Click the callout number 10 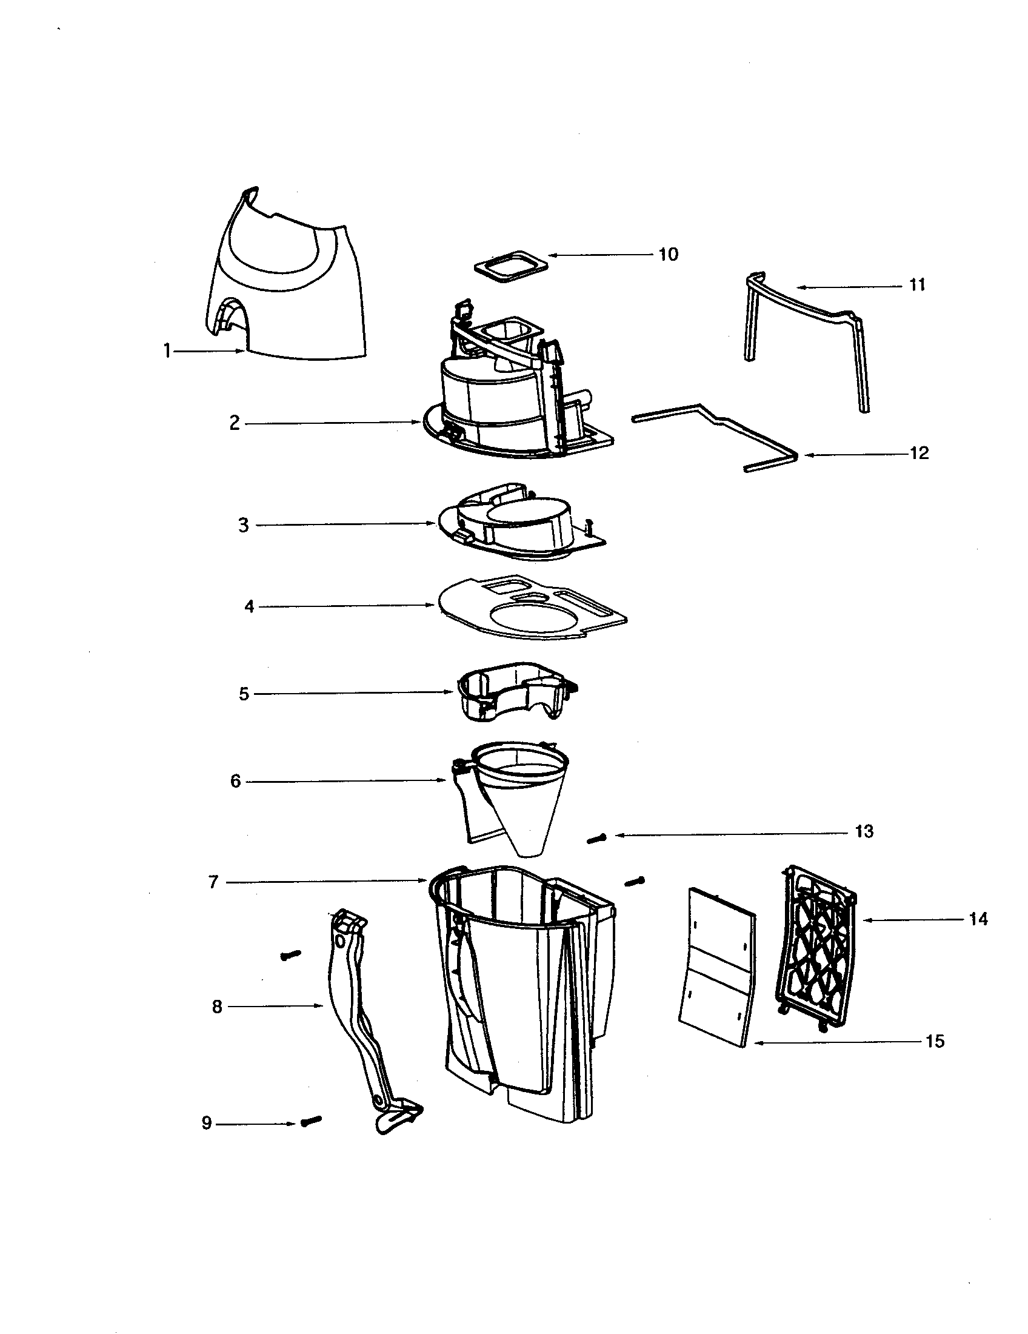pos(669,255)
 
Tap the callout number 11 pos(917,285)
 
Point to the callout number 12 pos(919,453)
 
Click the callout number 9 pos(206,1124)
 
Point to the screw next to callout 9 pos(311,1121)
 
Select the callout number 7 pos(213,882)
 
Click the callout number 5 pos(244,694)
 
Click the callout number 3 pos(243,525)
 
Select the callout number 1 pos(166,351)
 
